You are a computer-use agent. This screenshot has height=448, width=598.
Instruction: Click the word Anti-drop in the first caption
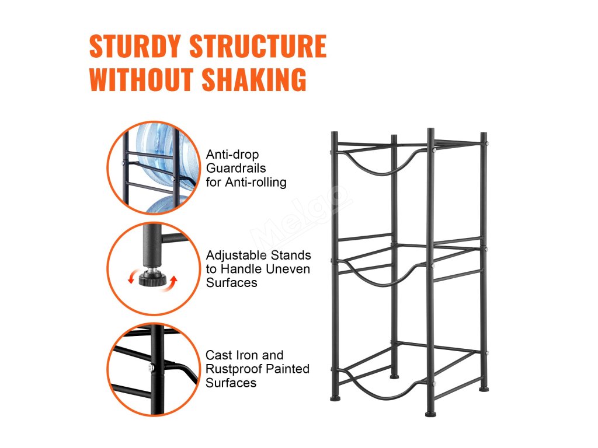(232, 155)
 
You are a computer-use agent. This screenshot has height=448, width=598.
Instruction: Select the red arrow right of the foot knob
(173, 283)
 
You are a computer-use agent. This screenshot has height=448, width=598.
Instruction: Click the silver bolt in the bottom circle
(151, 367)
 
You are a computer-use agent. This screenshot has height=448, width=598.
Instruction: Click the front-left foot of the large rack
(334, 398)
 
